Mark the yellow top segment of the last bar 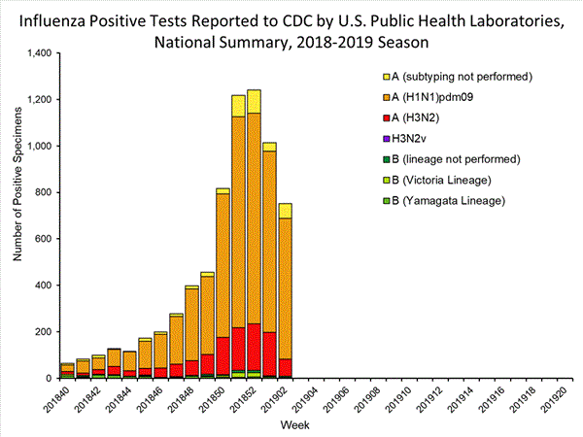286,211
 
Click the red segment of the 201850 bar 223,355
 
